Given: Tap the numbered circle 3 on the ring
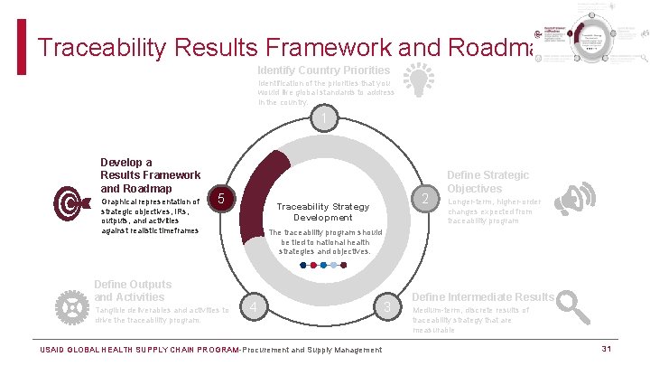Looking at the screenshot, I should point(387,309).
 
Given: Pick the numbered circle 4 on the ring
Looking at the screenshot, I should point(255,309).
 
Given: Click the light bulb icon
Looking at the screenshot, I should point(416,80).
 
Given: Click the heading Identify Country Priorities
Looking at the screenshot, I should point(323,70).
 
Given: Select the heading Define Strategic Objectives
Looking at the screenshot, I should point(487,182).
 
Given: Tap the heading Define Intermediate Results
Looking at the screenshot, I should point(483,296).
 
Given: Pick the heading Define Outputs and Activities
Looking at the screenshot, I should point(133,290).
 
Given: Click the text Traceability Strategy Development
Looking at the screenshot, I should point(322,211).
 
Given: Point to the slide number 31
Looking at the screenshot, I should point(608,349).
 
